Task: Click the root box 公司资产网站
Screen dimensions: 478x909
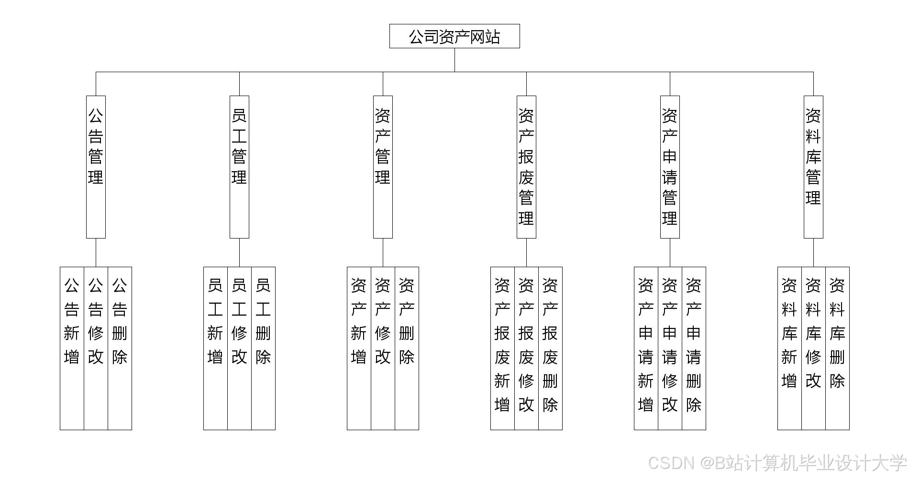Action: pos(454,36)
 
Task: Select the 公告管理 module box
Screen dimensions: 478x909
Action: pos(96,166)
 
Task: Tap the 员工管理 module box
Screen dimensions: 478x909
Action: pos(239,166)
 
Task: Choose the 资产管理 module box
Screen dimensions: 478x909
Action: pos(383,166)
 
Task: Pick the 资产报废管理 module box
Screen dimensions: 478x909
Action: pos(526,166)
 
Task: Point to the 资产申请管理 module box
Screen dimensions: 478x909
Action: pos(670,166)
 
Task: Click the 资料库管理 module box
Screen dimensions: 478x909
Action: pos(813,166)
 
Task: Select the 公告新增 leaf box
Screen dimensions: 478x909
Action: pos(72,348)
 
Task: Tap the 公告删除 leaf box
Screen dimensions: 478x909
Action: pos(120,348)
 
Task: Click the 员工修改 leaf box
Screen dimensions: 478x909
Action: pos(239,348)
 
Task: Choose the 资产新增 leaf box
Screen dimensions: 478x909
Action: pos(359,348)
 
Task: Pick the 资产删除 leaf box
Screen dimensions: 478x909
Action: pos(407,348)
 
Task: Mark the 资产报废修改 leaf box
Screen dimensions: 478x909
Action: pos(526,348)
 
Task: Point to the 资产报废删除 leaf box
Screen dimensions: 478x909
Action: pos(550,348)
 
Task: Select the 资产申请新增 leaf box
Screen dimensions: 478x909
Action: pos(646,348)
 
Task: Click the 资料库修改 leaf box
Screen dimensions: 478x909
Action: pos(813,348)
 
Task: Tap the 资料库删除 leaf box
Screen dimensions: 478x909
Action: pos(837,348)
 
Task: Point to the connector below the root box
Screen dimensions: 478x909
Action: pos(454,60)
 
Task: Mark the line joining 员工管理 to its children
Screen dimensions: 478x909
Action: pos(239,252)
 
